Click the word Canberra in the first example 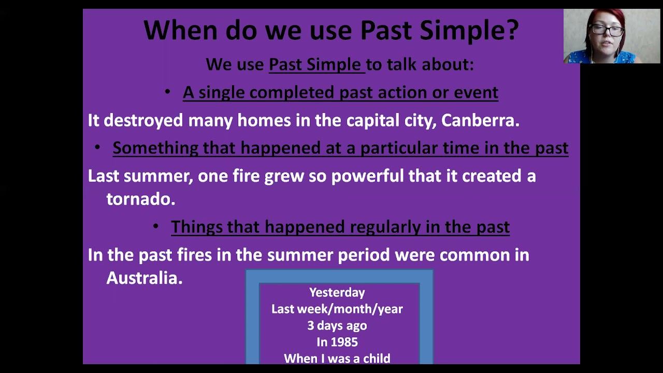tap(480, 121)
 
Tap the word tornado tap(140, 198)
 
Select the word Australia tap(144, 278)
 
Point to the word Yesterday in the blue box tap(337, 293)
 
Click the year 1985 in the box tap(344, 342)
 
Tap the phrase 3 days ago tap(337, 326)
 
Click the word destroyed tap(143, 121)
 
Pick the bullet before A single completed tap(167, 92)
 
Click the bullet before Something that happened tap(97, 148)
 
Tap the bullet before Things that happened tap(156, 226)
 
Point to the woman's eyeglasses tap(606, 30)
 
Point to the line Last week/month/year tap(337, 309)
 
